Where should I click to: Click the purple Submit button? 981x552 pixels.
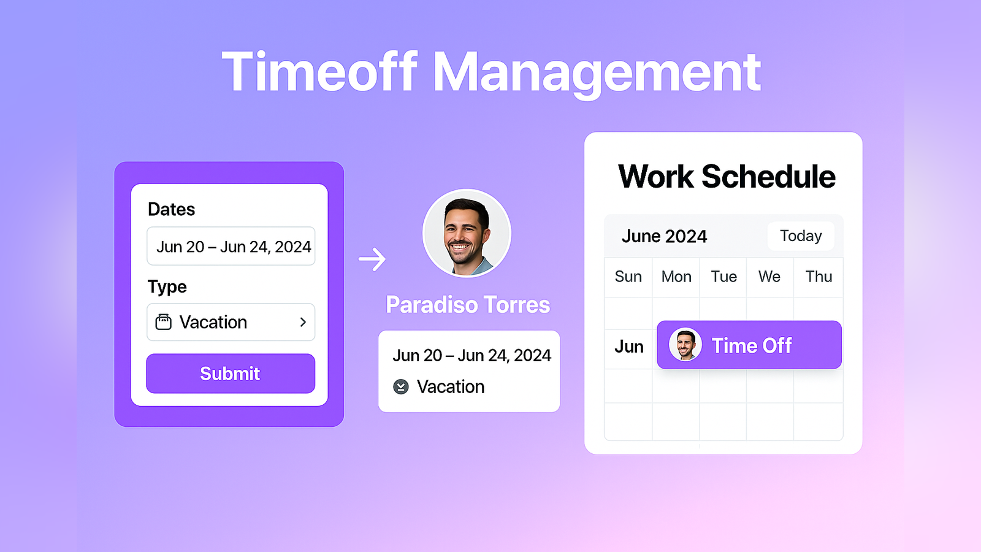tap(231, 374)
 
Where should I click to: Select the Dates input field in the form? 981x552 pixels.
tap(231, 246)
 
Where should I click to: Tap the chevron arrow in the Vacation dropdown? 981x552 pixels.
tap(303, 323)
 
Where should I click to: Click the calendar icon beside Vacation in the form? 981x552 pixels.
tap(163, 322)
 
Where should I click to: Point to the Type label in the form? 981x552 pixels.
tap(167, 287)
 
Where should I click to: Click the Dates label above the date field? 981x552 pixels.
tap(171, 209)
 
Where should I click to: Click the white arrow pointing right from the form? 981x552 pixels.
tap(372, 259)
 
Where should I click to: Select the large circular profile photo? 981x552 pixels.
tap(467, 233)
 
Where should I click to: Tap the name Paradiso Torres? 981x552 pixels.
tap(468, 305)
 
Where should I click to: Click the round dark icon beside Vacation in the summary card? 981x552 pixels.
tap(401, 387)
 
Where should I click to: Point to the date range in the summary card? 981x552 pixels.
tap(471, 356)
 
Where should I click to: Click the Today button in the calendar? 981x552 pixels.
tap(801, 236)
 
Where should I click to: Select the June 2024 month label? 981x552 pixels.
tap(665, 237)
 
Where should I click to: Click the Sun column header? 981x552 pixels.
tap(628, 277)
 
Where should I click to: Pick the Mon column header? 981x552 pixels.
tap(676, 277)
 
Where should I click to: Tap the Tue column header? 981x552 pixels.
tap(723, 277)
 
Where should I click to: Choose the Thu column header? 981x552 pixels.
tap(819, 277)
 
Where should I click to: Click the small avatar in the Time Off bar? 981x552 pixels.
tap(685, 345)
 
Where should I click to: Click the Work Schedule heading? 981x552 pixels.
tap(727, 177)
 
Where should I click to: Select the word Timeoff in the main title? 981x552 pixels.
tap(319, 71)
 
